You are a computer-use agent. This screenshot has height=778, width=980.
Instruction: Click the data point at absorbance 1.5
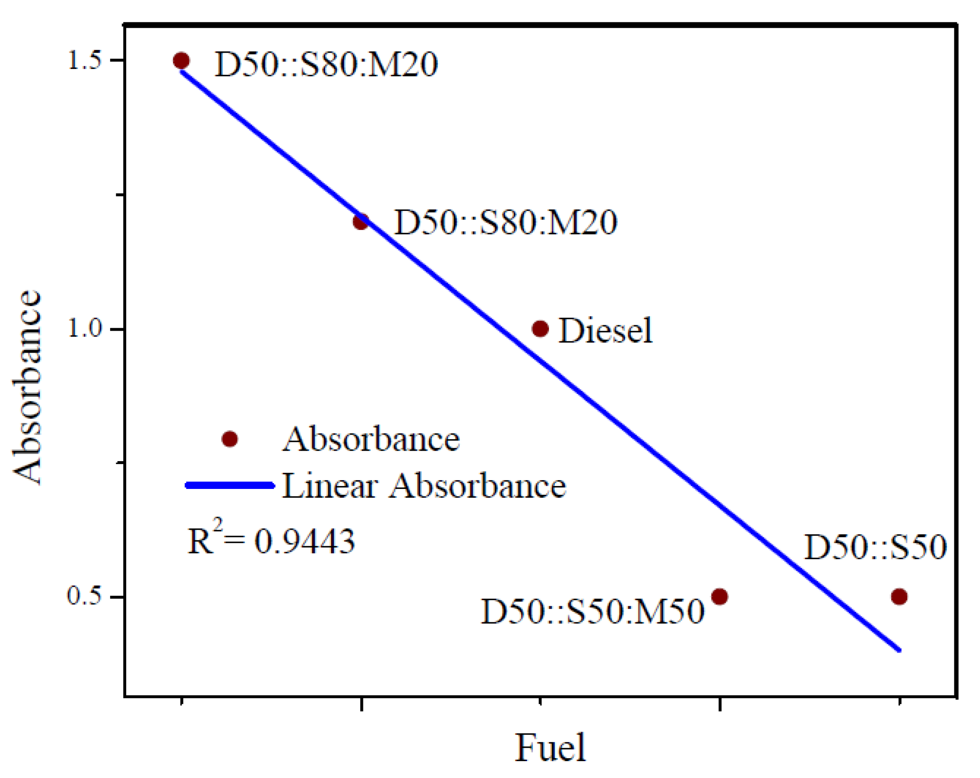[x=181, y=61]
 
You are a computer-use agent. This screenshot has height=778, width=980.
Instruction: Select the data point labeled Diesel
[x=540, y=328]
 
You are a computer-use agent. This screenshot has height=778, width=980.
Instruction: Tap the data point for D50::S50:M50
[x=720, y=596]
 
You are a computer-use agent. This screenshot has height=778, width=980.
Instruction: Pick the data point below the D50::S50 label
[x=899, y=596]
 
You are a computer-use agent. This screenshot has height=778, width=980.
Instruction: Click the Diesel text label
[x=605, y=331]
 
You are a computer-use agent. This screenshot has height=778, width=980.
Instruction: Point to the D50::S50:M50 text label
[x=592, y=611]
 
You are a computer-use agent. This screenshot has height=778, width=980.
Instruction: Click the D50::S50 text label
[x=875, y=547]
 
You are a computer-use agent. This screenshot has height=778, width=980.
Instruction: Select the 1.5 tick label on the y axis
[x=85, y=61]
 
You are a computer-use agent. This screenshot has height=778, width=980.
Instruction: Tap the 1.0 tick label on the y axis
[x=85, y=328]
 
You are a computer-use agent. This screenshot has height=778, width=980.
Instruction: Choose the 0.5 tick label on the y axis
[x=85, y=596]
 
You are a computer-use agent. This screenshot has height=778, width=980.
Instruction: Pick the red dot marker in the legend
[x=230, y=439]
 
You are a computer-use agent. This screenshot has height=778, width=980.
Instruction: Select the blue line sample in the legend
[x=230, y=486]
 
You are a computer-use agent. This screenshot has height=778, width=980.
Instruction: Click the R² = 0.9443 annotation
[x=271, y=541]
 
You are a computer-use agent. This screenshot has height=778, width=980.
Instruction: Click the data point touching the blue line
[x=361, y=222]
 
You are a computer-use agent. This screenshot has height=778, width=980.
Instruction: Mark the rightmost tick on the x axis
[x=899, y=704]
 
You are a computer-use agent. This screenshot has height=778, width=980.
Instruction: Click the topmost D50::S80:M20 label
[x=326, y=64]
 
